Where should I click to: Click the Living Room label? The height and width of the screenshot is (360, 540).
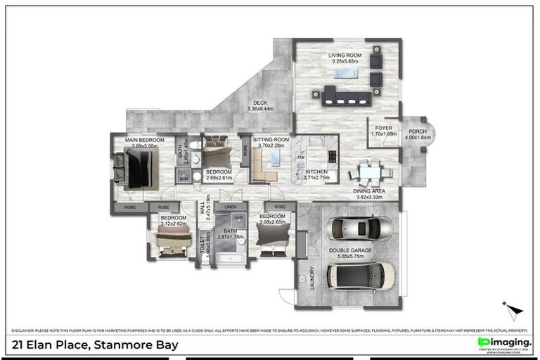(346, 56)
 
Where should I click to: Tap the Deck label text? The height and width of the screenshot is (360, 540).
(260, 103)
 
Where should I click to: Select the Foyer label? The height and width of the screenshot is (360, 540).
(383, 128)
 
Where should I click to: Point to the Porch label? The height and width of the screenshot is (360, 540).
(418, 131)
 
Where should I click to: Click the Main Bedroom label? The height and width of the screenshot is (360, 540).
(144, 141)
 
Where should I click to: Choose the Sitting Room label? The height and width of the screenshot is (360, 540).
(271, 140)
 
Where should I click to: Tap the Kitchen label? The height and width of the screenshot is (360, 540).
(316, 172)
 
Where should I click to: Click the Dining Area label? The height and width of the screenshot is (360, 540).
(369, 191)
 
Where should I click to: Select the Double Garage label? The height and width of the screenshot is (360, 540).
(354, 250)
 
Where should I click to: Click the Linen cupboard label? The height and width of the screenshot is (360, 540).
(230, 207)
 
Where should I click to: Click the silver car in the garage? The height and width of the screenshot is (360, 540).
(361, 228)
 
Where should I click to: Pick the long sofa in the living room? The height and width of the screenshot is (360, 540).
(347, 95)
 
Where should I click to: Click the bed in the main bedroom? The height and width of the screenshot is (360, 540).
(136, 169)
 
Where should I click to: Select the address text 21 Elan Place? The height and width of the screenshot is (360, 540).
(95, 345)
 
